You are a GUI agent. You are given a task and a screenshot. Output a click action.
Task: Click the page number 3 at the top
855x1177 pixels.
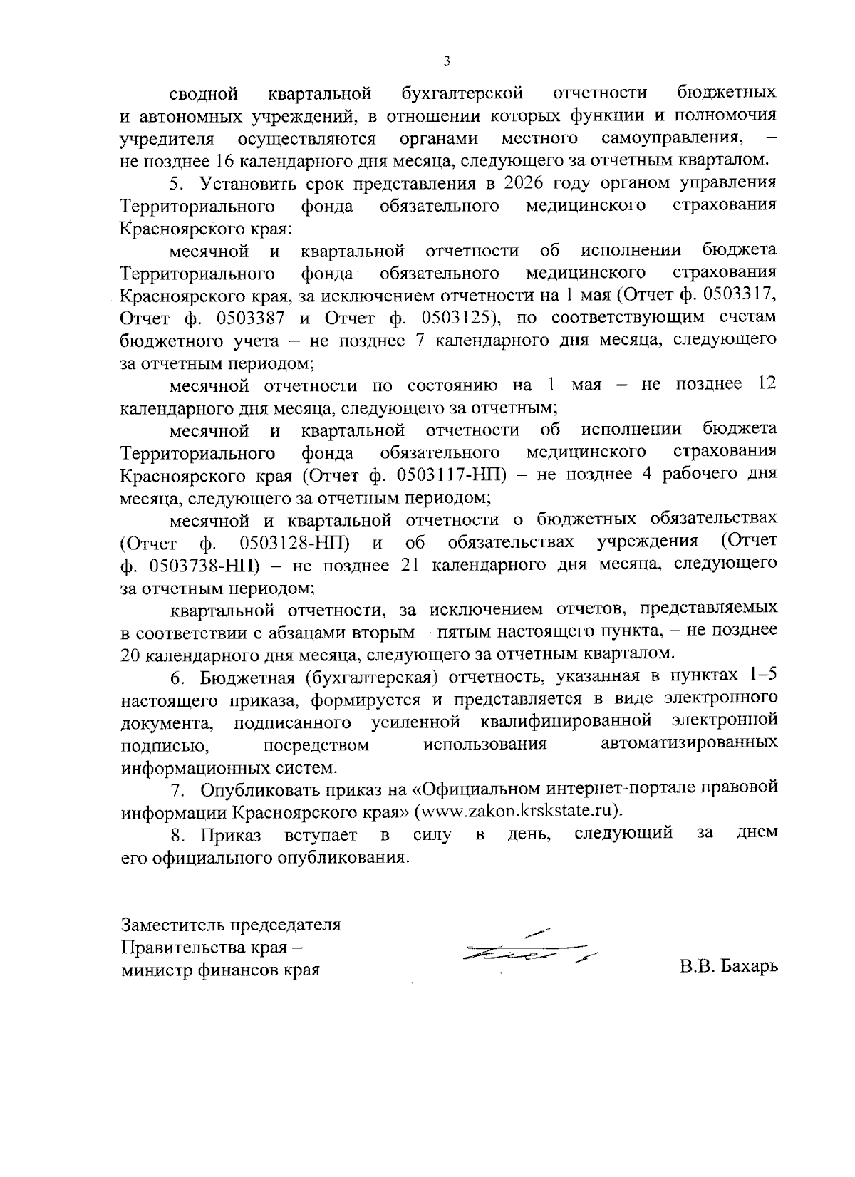(x=446, y=61)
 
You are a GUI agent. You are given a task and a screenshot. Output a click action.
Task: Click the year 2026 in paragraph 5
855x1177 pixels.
(x=528, y=183)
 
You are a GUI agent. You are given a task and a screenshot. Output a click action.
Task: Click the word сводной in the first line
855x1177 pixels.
(x=204, y=93)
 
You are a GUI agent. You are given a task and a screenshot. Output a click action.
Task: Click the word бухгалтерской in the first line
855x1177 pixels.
(x=462, y=93)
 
